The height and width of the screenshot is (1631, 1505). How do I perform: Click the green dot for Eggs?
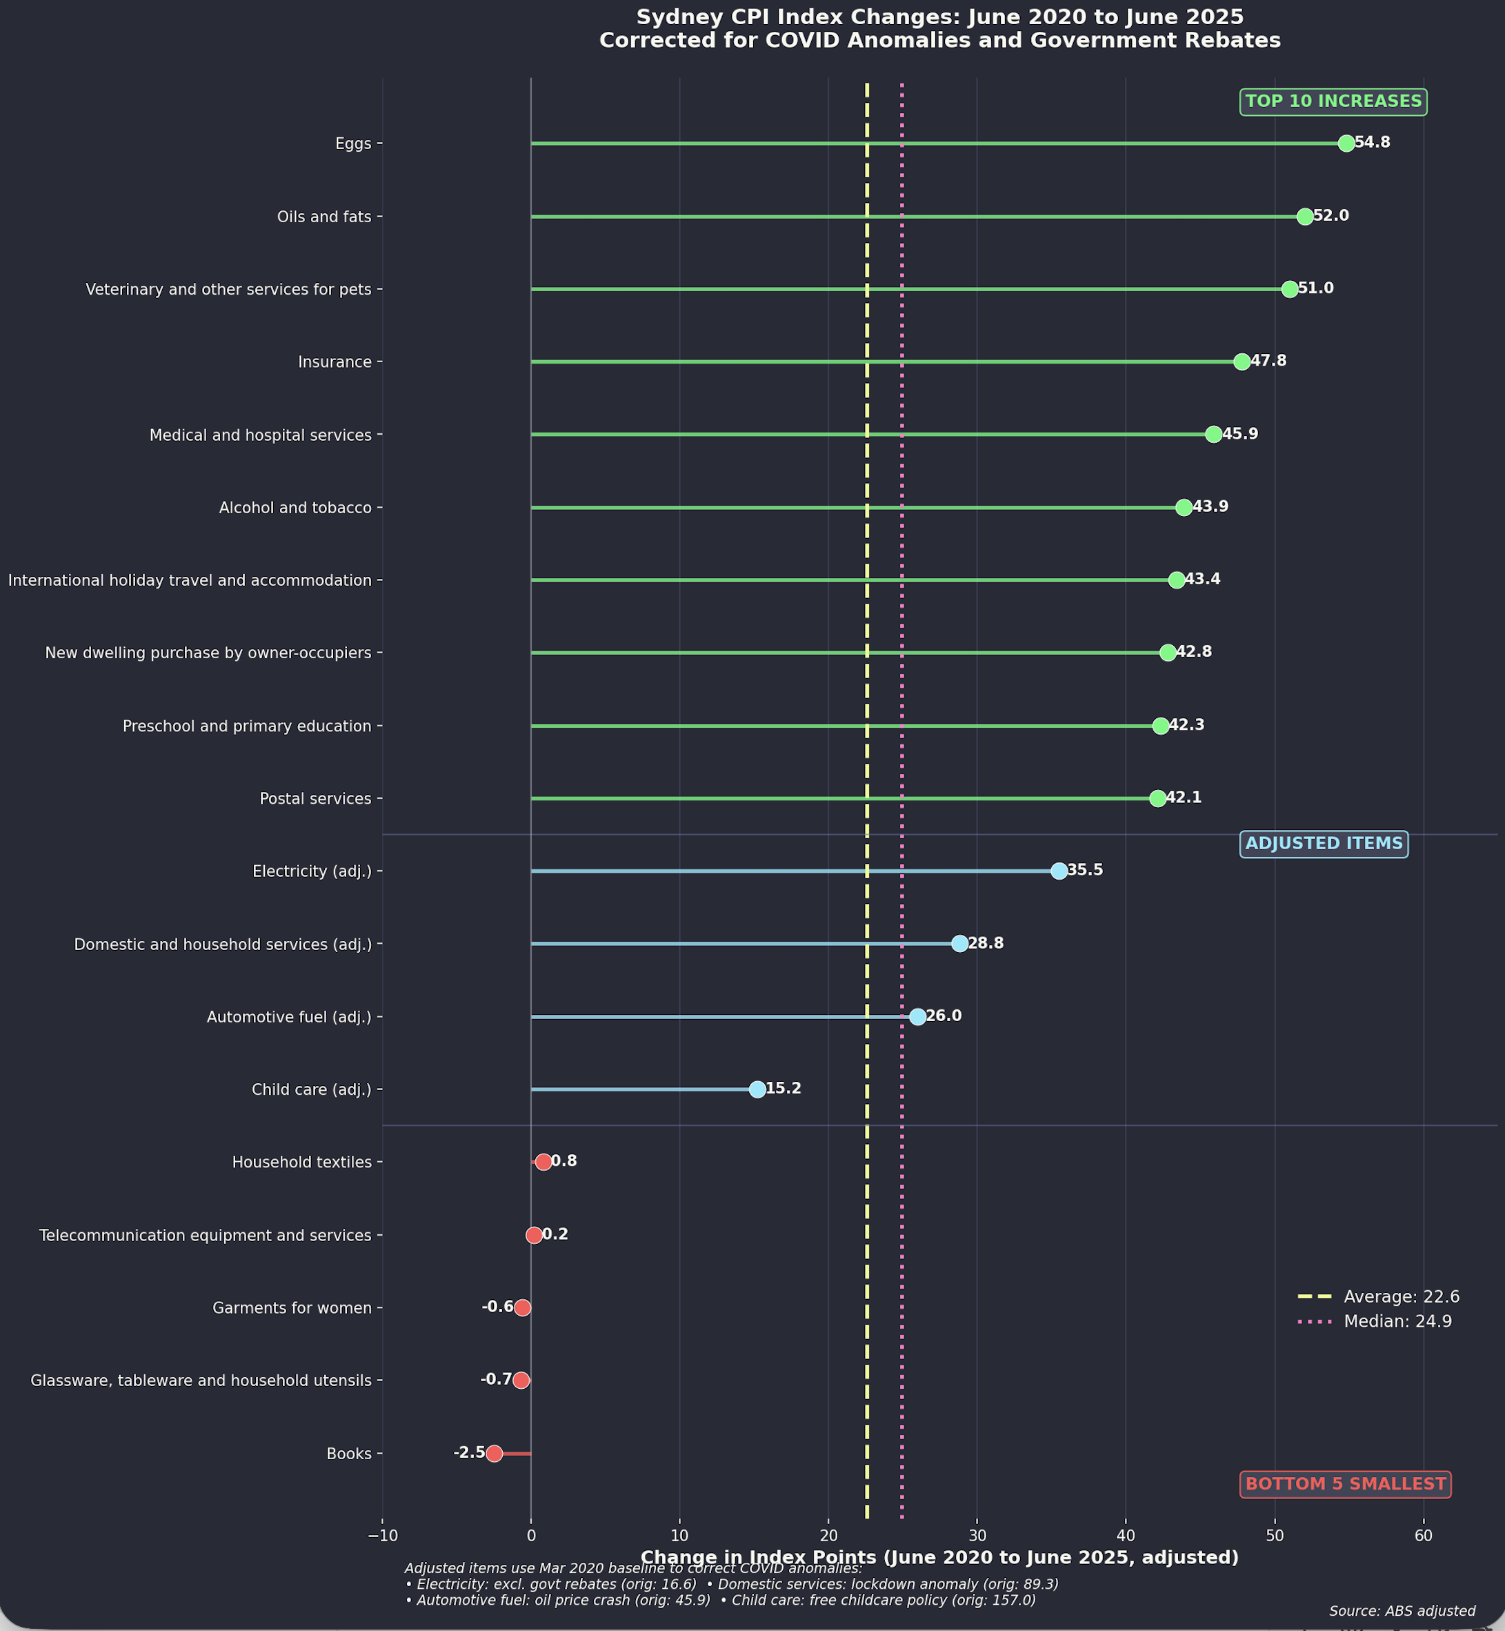(1346, 144)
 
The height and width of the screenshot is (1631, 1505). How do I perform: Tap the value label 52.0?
(1330, 216)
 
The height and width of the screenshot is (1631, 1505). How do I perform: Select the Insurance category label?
(335, 362)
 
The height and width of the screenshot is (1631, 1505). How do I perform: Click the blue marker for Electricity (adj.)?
(1059, 871)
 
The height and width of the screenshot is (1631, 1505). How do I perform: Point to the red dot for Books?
(495, 1454)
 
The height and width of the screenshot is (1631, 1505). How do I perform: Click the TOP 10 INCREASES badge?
(1333, 102)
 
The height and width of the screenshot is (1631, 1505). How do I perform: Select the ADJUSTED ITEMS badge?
(1324, 843)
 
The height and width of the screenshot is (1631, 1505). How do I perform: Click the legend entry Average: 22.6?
(1401, 1296)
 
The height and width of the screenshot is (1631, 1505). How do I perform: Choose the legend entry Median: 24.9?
(1397, 1321)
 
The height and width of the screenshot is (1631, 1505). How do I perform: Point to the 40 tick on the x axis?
(1126, 1535)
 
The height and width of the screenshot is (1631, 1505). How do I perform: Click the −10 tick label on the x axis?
(382, 1535)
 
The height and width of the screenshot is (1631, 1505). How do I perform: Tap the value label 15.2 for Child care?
(784, 1089)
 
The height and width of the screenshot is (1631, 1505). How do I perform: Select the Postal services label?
(315, 798)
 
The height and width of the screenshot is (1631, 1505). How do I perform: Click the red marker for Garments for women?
(523, 1307)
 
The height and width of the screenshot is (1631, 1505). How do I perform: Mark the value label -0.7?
(496, 1379)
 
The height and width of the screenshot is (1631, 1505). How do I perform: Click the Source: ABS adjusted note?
(1402, 1610)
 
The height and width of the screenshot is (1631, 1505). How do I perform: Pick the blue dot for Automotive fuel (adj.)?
(917, 1017)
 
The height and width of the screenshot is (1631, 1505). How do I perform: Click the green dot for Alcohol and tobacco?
(1184, 508)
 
